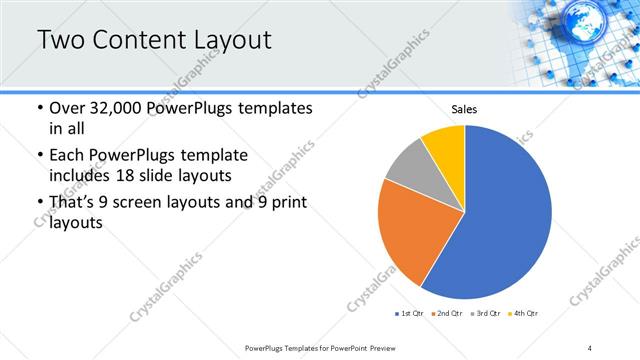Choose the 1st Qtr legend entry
coord(409,314)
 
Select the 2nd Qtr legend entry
coord(446,314)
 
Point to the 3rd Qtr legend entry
coord(484,314)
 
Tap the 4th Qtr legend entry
coord(524,314)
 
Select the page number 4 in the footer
coord(590,347)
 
